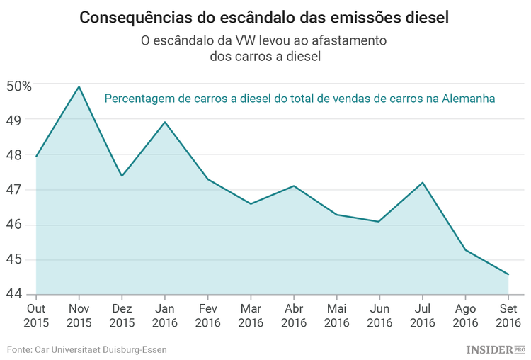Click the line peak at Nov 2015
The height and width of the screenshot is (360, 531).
tap(79, 86)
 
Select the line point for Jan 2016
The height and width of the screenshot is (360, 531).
tap(165, 122)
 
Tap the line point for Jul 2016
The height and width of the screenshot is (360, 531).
tap(423, 182)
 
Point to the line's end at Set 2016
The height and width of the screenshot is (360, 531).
tap(508, 274)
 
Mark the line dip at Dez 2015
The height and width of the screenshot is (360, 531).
tap(122, 176)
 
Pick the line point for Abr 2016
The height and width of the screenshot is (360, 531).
tap(294, 186)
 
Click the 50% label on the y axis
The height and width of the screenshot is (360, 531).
tap(19, 86)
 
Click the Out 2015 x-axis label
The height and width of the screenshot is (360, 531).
tap(35, 315)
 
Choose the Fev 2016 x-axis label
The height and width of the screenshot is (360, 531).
tap(207, 315)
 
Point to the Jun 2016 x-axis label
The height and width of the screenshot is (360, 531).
tap(379, 315)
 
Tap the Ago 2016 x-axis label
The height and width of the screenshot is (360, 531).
tap(465, 315)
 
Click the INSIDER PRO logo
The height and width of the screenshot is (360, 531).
tap(495, 349)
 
